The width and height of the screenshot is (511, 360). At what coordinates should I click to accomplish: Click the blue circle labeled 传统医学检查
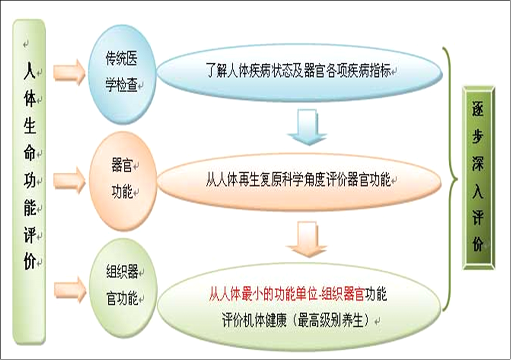(x=122, y=75)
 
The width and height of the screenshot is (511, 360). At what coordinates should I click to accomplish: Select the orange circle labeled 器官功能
(x=123, y=181)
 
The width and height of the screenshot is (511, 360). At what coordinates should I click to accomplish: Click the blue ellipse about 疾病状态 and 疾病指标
(x=300, y=72)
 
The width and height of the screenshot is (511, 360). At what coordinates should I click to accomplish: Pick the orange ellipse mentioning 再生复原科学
(x=300, y=181)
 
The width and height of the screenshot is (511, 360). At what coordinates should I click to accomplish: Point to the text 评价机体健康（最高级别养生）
(x=296, y=320)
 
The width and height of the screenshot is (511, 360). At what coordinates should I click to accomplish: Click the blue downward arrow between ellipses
(x=307, y=127)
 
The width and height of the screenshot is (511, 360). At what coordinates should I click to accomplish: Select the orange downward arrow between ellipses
(x=307, y=239)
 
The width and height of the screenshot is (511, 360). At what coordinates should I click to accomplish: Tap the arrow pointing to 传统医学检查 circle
(x=69, y=72)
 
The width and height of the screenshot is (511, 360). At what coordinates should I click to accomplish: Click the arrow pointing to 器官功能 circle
(x=69, y=181)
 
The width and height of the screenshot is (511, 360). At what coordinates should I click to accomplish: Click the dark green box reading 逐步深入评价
(x=479, y=178)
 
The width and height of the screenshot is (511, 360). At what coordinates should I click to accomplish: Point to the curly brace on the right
(x=450, y=179)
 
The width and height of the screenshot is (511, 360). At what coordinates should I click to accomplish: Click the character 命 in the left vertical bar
(x=29, y=152)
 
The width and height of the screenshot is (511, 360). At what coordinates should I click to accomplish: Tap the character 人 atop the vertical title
(x=29, y=70)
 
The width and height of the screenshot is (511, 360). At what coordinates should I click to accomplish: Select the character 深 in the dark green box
(x=478, y=163)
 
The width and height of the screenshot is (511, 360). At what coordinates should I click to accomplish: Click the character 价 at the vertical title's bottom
(x=29, y=261)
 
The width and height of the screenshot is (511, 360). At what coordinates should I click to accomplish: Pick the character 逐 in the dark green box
(x=478, y=108)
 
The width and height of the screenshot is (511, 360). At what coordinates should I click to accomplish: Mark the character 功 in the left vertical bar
(x=29, y=180)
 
